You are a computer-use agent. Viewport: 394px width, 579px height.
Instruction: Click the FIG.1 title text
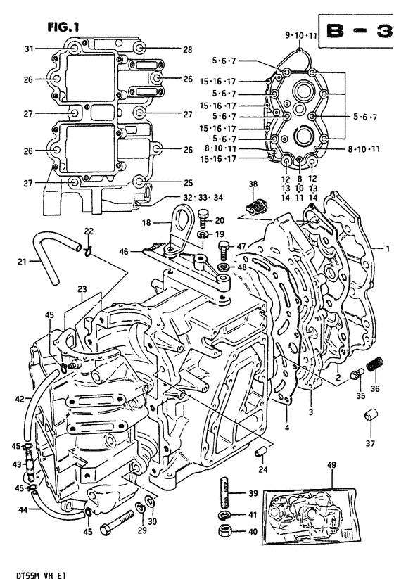point(63,27)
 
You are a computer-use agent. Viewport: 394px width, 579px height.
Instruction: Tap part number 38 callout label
point(253,184)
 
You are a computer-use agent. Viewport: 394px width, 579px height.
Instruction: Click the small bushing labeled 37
point(370,415)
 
